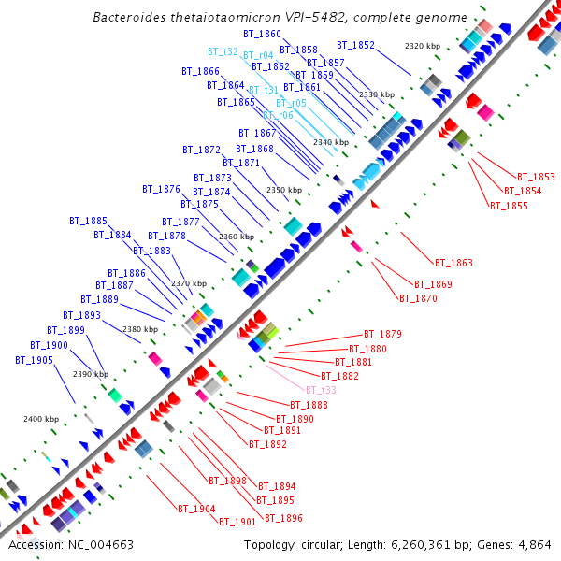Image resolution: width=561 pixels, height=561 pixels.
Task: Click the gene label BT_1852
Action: pyautogui.click(x=355, y=45)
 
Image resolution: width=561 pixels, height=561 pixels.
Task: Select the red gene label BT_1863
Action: pyautogui.click(x=453, y=264)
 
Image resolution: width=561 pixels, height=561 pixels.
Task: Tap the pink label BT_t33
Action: pyautogui.click(x=321, y=390)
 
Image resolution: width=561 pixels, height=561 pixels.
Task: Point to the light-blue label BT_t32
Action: pyautogui.click(x=223, y=52)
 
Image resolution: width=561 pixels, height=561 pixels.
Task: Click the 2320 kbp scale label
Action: pyautogui.click(x=422, y=46)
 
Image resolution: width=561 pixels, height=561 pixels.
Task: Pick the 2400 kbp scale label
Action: pyautogui.click(x=41, y=419)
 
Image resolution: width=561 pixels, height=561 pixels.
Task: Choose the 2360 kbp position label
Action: pyautogui.click(x=237, y=237)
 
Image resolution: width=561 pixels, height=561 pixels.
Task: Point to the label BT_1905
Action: pyautogui.click(x=35, y=360)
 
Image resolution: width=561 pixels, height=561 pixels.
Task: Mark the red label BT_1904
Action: pyautogui.click(x=196, y=509)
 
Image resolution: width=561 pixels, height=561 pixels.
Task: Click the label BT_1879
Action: pyautogui.click(x=382, y=334)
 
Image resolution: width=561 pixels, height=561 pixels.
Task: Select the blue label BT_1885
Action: pyautogui.click(x=88, y=222)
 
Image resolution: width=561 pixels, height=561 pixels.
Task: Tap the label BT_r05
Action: pyautogui.click(x=291, y=103)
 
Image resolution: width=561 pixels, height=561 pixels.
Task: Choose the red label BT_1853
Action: pyautogui.click(x=536, y=177)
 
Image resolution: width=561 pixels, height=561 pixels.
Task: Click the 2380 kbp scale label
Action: pyautogui.click(x=140, y=329)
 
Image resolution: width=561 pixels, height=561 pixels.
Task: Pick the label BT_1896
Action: pyautogui.click(x=283, y=518)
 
